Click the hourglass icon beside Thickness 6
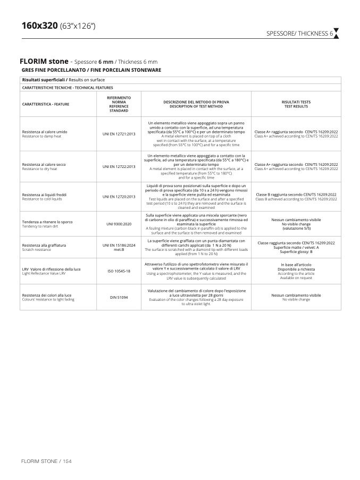[336, 33]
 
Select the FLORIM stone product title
[45, 62]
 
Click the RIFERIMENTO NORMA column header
[119, 104]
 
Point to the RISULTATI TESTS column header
[296, 104]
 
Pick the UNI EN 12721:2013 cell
[119, 133]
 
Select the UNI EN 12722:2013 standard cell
[119, 166]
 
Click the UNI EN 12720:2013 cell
[119, 197]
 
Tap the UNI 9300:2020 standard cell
[119, 224]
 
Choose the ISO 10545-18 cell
[119, 271]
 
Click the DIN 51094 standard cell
[119, 297]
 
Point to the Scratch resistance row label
[37, 249]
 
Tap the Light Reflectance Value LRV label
[44, 273]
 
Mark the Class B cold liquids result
[296, 197]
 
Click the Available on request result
[296, 277]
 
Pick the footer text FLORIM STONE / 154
[46, 460]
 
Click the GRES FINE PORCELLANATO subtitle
[91, 70]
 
